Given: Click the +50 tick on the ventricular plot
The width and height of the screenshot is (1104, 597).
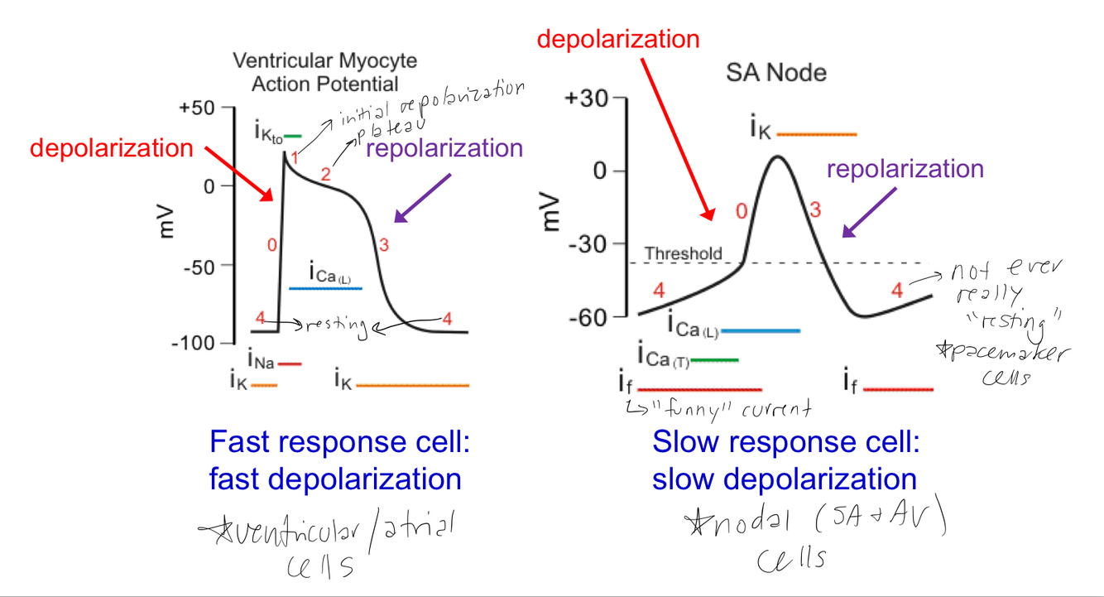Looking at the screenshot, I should point(196,108).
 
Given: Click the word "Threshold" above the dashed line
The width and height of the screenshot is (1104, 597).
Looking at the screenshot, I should point(683,253).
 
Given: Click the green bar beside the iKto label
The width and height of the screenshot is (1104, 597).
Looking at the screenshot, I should point(293,136).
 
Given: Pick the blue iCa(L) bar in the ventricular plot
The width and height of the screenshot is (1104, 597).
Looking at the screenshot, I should point(325,288).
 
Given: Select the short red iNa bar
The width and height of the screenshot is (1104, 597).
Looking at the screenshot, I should point(290,363).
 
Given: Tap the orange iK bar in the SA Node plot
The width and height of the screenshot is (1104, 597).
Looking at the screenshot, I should point(817,133).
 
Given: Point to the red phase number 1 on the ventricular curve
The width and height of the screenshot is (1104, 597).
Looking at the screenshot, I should point(295,156).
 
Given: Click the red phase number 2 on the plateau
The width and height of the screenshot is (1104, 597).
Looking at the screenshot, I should point(325,174).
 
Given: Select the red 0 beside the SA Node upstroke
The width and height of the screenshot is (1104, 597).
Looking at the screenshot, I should point(742,211).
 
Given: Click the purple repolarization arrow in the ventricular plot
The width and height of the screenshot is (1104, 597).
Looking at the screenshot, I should point(422,199).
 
